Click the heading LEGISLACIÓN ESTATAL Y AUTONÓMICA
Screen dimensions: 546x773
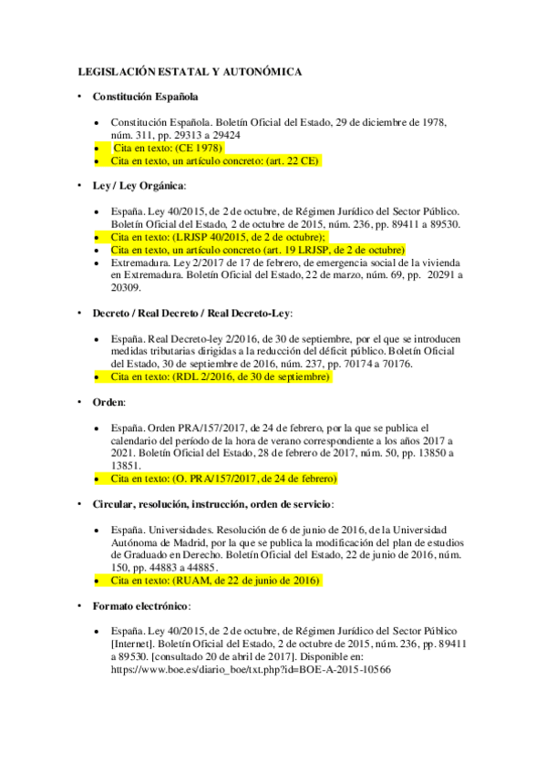pos(189,71)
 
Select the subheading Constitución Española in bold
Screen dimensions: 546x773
pos(146,96)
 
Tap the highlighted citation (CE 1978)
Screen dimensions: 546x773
pos(196,147)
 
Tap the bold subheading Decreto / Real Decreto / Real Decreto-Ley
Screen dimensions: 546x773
pos(191,313)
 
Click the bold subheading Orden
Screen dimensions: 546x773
pos(108,401)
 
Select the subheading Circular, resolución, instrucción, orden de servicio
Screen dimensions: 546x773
pos(212,504)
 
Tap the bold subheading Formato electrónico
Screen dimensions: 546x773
pos(138,605)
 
